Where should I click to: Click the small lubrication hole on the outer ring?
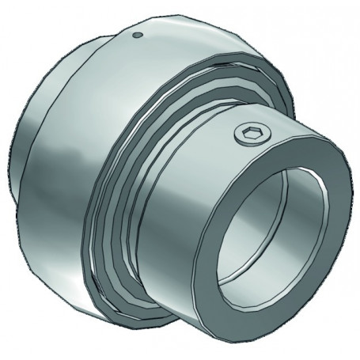(138, 34)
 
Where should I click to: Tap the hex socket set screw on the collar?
(247, 135)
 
